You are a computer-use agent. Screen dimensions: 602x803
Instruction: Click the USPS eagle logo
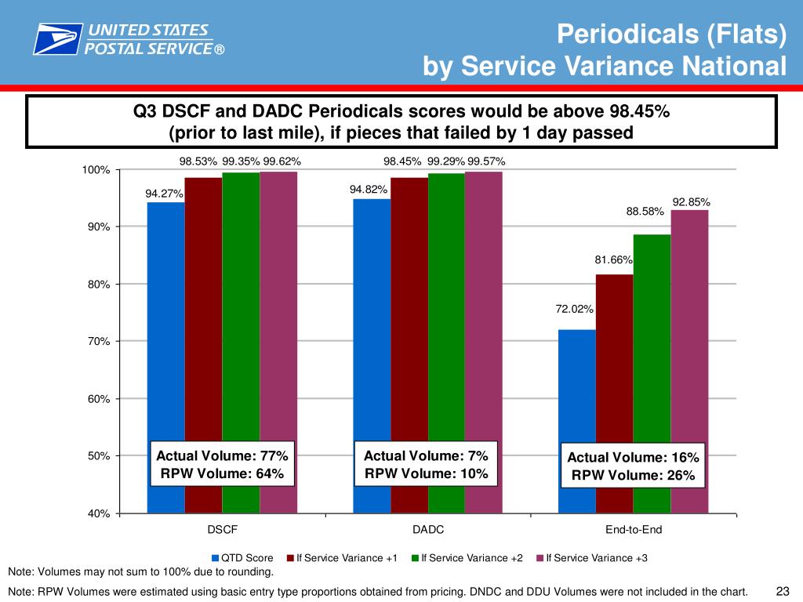tap(57, 38)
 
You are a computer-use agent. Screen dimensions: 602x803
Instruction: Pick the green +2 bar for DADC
tap(446, 314)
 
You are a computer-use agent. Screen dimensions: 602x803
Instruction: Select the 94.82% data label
tap(369, 190)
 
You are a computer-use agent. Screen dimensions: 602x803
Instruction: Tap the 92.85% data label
tap(691, 201)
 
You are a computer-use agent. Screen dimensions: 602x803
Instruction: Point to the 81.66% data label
tap(613, 259)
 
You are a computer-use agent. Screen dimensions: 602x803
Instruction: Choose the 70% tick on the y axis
tap(99, 342)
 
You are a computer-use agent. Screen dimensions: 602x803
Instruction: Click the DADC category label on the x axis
tap(428, 530)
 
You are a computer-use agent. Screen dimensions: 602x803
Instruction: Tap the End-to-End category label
tap(634, 530)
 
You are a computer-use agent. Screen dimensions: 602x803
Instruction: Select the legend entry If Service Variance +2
tap(471, 558)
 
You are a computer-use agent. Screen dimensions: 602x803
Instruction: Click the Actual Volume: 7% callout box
tap(426, 464)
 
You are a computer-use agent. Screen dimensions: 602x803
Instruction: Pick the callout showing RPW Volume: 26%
tap(632, 466)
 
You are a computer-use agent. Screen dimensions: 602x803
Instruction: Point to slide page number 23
tap(781, 590)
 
